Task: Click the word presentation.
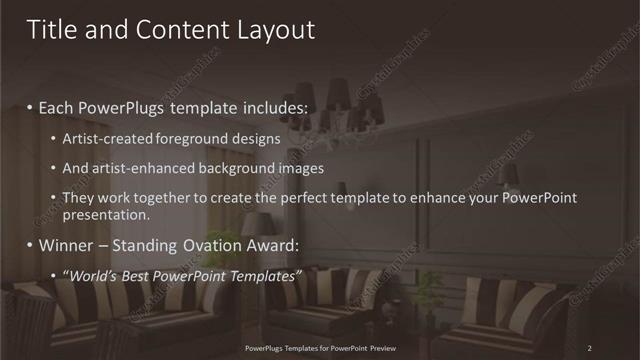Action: point(105,214)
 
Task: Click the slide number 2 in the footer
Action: point(590,348)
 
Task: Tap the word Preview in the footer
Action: point(386,348)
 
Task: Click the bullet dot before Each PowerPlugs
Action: point(31,107)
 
